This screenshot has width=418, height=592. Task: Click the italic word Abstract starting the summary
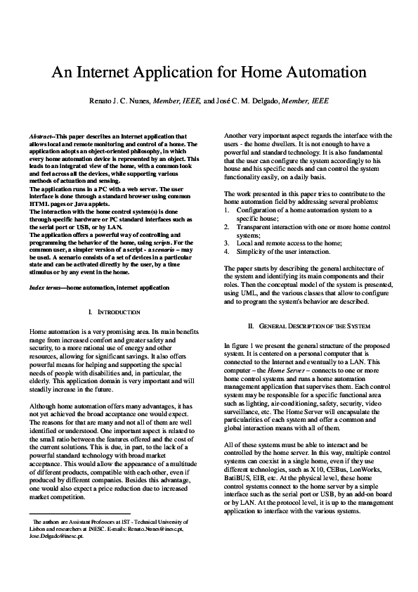pyautogui.click(x=41, y=136)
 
